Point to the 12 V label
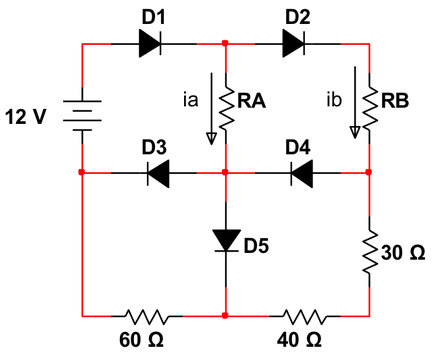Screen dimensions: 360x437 [25, 115]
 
